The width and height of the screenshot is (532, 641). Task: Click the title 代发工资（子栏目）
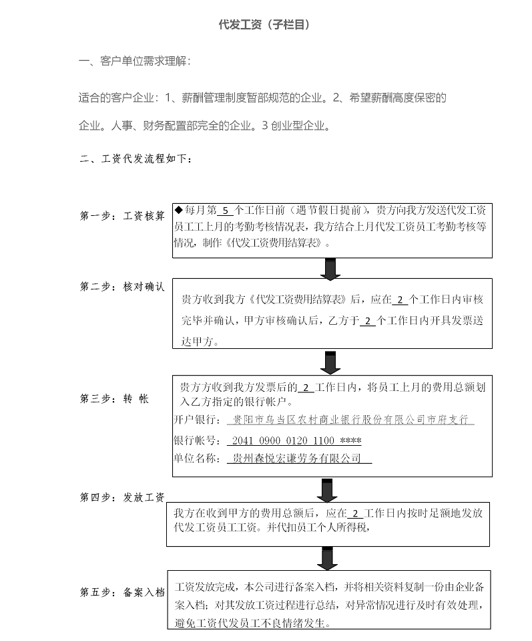264,25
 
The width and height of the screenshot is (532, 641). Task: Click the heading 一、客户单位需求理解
134,61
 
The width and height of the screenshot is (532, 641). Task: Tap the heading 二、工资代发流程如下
136,158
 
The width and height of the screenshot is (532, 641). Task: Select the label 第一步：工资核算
122,215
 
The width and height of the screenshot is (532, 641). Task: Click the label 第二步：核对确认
122,287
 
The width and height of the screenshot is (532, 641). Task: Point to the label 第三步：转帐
114,398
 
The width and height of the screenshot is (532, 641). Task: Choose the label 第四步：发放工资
122,497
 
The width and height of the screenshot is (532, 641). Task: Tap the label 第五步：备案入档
122,592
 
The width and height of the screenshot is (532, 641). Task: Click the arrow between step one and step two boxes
330,269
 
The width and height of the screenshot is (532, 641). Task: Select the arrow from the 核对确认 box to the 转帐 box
330,362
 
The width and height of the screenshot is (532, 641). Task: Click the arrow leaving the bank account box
327,490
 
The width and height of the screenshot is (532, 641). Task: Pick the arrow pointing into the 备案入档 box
327,558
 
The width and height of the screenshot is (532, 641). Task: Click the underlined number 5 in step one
226,211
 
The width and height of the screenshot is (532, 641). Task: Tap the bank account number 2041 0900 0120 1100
283,440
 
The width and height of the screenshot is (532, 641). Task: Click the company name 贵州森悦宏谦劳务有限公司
297,459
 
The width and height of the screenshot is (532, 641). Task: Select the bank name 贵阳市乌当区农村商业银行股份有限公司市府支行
350,420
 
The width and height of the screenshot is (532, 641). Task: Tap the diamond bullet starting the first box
178,210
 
